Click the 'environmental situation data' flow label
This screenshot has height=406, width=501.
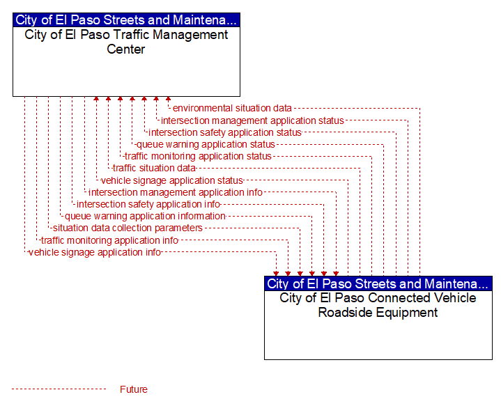point(232,108)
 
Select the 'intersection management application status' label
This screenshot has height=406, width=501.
point(252,120)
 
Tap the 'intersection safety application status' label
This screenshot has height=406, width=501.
point(225,132)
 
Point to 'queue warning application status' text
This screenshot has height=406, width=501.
point(206,144)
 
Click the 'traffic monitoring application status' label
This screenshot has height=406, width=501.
point(198,156)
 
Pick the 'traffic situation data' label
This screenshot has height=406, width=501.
point(154,168)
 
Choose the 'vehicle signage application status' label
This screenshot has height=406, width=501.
point(172,180)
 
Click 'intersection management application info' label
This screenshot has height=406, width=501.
point(176,192)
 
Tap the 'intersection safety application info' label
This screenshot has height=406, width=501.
point(148,204)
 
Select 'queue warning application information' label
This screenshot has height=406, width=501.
point(145,217)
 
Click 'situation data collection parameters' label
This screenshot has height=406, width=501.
point(128,228)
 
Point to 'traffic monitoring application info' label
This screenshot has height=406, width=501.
point(109,240)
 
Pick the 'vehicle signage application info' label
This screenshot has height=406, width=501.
point(95,252)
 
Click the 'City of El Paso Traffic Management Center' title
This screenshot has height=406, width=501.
point(126,42)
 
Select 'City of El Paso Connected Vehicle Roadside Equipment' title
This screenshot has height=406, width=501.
point(378,305)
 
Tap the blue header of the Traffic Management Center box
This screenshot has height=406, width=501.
point(126,19)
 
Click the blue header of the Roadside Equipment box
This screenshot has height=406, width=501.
point(378,283)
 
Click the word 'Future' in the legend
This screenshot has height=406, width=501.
point(134,389)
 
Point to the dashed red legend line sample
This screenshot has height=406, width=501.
point(59,389)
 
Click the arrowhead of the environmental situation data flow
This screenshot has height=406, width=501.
point(168,99)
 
